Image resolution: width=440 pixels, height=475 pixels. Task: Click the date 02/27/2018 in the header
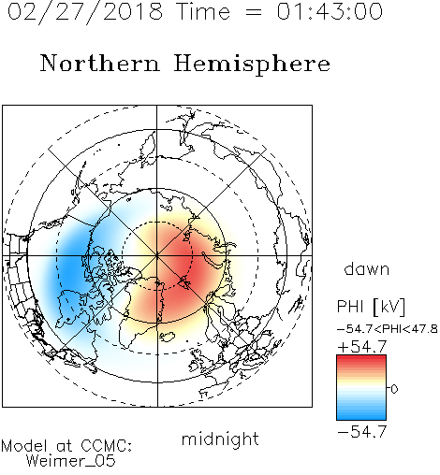click(85, 11)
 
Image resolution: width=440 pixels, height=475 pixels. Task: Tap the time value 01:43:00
click(330, 11)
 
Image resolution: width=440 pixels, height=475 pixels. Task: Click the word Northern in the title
click(100, 63)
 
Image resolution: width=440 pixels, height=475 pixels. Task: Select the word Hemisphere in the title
click(252, 65)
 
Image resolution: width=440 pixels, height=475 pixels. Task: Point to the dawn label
click(367, 268)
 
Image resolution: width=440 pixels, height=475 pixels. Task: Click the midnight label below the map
click(220, 439)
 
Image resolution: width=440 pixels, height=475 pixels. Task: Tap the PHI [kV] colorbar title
click(371, 307)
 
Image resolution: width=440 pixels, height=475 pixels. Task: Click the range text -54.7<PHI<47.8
click(388, 329)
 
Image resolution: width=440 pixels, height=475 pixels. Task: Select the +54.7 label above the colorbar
click(362, 347)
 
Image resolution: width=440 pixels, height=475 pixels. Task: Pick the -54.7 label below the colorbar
click(362, 432)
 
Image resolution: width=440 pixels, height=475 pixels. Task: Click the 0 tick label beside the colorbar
click(394, 389)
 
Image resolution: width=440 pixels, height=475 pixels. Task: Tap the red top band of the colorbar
click(361, 359)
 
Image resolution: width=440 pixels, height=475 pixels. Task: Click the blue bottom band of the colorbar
click(361, 415)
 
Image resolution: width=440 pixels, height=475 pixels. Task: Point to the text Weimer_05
click(71, 461)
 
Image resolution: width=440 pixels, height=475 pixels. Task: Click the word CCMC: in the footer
click(106, 446)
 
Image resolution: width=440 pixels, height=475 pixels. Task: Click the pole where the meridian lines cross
click(157, 255)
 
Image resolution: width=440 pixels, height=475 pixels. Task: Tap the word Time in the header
click(203, 11)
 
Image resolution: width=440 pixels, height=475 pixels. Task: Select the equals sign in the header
click(254, 13)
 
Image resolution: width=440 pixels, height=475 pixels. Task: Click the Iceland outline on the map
click(168, 337)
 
